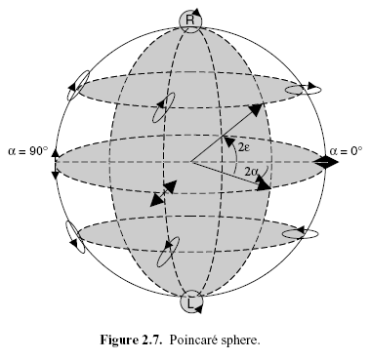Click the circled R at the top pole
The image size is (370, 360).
(x=190, y=20)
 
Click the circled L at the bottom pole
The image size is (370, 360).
(x=190, y=303)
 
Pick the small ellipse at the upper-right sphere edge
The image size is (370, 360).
(x=301, y=90)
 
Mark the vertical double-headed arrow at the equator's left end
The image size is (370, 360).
(x=55, y=162)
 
